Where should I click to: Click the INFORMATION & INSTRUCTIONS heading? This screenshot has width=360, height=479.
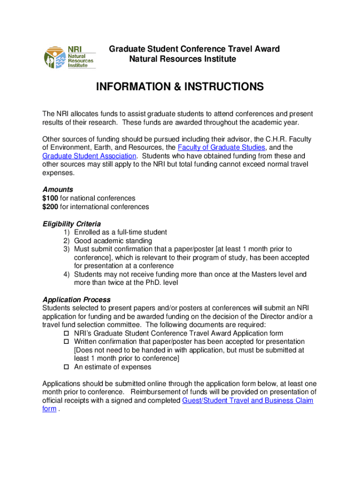[x=180, y=87]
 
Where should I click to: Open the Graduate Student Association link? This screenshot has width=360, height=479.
[x=89, y=156]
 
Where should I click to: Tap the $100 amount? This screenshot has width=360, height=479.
[x=50, y=198]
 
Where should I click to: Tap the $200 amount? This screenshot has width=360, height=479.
[x=50, y=207]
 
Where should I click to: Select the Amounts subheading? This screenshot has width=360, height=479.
[x=58, y=189]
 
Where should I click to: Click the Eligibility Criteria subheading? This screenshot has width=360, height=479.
[x=72, y=224]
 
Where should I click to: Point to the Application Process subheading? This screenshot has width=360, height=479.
[x=76, y=299]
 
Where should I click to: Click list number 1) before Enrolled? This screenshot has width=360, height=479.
[x=67, y=232]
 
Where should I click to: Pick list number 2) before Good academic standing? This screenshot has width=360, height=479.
[x=67, y=241]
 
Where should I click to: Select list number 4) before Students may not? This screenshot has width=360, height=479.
[x=67, y=275]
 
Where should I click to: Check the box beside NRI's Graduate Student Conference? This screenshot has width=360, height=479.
[x=66, y=334]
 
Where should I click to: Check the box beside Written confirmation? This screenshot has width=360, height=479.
[x=66, y=342]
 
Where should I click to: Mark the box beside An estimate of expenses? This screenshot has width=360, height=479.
[x=66, y=367]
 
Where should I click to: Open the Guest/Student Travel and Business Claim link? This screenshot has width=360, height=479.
[x=247, y=400]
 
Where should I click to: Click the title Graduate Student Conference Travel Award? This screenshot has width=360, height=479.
[x=194, y=49]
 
